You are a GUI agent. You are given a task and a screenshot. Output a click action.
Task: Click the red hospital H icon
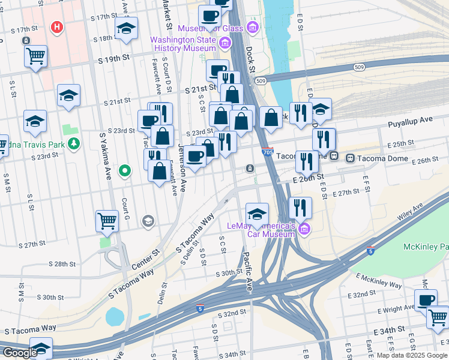click(x=57, y=27)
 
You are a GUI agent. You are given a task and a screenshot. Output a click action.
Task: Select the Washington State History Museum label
click(x=182, y=44)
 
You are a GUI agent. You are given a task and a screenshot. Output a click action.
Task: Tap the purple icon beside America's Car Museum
click(x=304, y=228)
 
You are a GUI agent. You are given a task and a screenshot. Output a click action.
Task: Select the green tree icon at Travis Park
click(x=74, y=143)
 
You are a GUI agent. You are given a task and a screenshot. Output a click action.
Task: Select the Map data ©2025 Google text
click(x=412, y=355)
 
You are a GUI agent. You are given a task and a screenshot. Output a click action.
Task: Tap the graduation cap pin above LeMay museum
click(x=256, y=214)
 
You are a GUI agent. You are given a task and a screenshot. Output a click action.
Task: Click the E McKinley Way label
click(x=379, y=280)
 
